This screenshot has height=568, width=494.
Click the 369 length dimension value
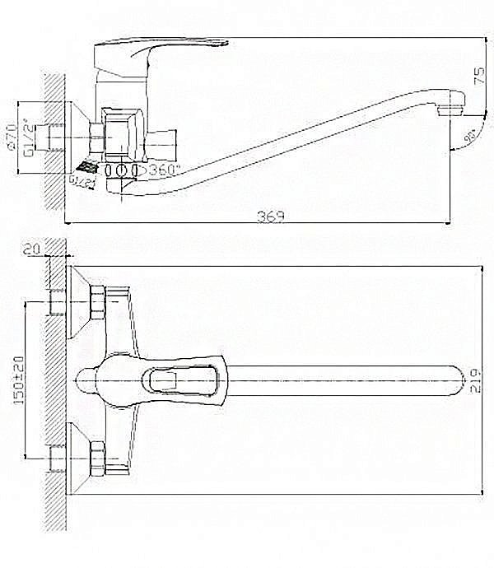coord(270,216)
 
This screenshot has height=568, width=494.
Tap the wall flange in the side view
coord(78,132)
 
